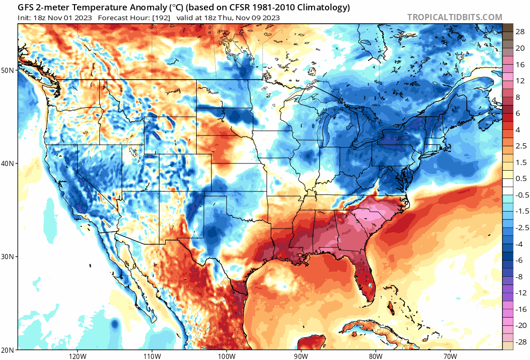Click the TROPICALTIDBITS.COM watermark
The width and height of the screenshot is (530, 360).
click(454, 17)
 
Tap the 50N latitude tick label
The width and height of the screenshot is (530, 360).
click(9, 70)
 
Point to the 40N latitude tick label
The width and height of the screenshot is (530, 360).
click(9, 163)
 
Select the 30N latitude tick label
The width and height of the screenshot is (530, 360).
click(9, 257)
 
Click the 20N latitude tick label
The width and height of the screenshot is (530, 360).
click(9, 350)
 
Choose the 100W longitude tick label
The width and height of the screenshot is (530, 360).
click(226, 356)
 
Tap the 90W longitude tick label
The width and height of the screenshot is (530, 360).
click(301, 356)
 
